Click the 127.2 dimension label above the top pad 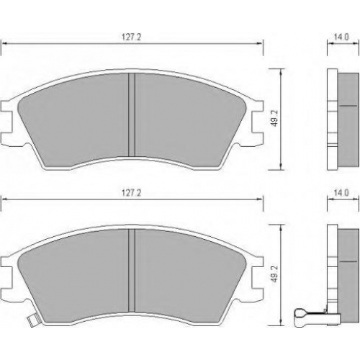pos(132,37)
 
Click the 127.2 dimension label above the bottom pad pos(132,193)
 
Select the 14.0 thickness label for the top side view pos(341,37)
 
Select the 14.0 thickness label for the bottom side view pos(341,193)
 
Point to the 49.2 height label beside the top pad pos(275,118)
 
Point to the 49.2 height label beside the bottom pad pos(275,274)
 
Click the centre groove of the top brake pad pos(132,115)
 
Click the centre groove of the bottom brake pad pos(132,271)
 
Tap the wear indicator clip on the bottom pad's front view pos(32,320)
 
